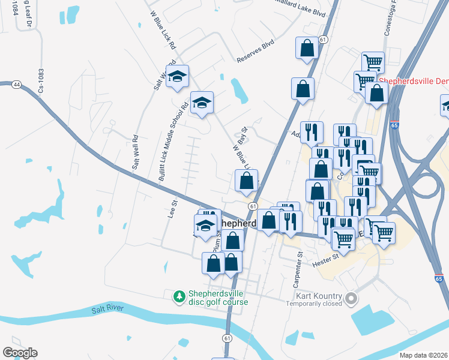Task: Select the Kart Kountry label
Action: coord(319,296)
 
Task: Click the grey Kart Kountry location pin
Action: coord(352,298)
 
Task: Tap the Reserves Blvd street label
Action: coord(255,52)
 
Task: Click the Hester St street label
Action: coord(325,258)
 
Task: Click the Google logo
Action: coord(20,353)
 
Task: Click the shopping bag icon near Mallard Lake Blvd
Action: coord(306,49)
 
